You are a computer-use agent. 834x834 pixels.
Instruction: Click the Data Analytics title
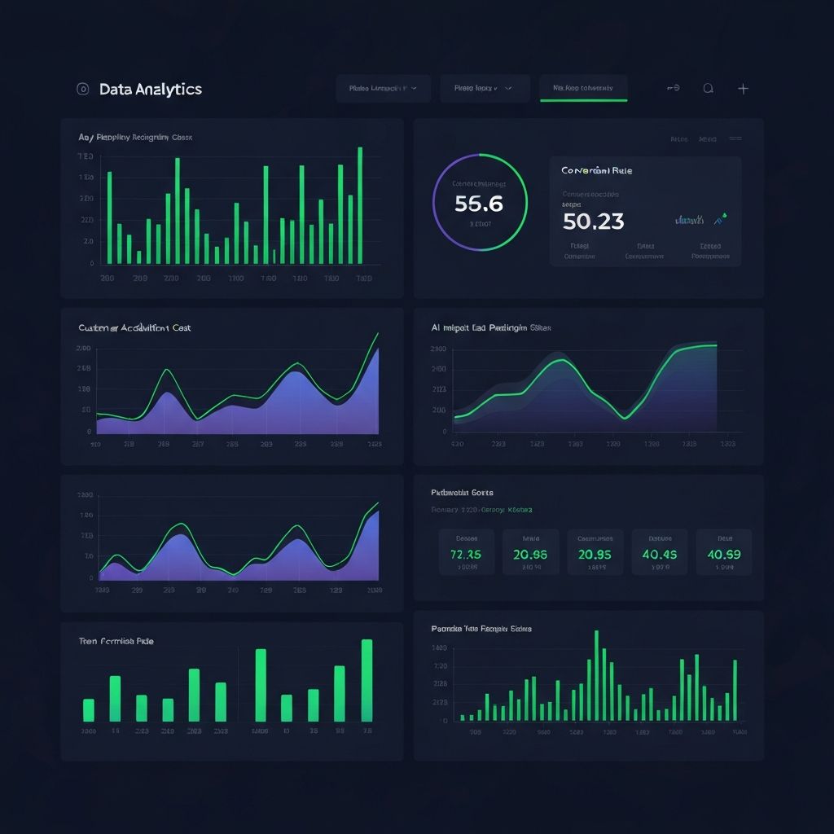pos(150,90)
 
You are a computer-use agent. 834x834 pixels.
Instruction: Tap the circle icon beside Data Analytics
pos(81,90)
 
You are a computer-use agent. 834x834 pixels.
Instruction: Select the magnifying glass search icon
pos(708,89)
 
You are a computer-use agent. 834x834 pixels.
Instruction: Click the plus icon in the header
pos(743,89)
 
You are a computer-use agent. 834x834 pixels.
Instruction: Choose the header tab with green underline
pos(583,88)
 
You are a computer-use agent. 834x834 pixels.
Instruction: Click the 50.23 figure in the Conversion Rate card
pos(593,221)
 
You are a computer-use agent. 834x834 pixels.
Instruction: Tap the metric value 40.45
pos(659,554)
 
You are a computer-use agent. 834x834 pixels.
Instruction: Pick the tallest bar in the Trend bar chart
pos(367,680)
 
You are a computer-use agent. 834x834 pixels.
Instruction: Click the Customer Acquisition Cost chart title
pos(134,327)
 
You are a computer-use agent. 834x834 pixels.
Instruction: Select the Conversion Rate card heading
pos(596,171)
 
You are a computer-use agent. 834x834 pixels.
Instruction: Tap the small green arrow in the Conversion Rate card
pos(720,218)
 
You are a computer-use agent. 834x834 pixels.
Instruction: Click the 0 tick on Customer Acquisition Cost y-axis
pos(87,432)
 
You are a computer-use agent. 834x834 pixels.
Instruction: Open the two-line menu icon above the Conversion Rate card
pos(735,139)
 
